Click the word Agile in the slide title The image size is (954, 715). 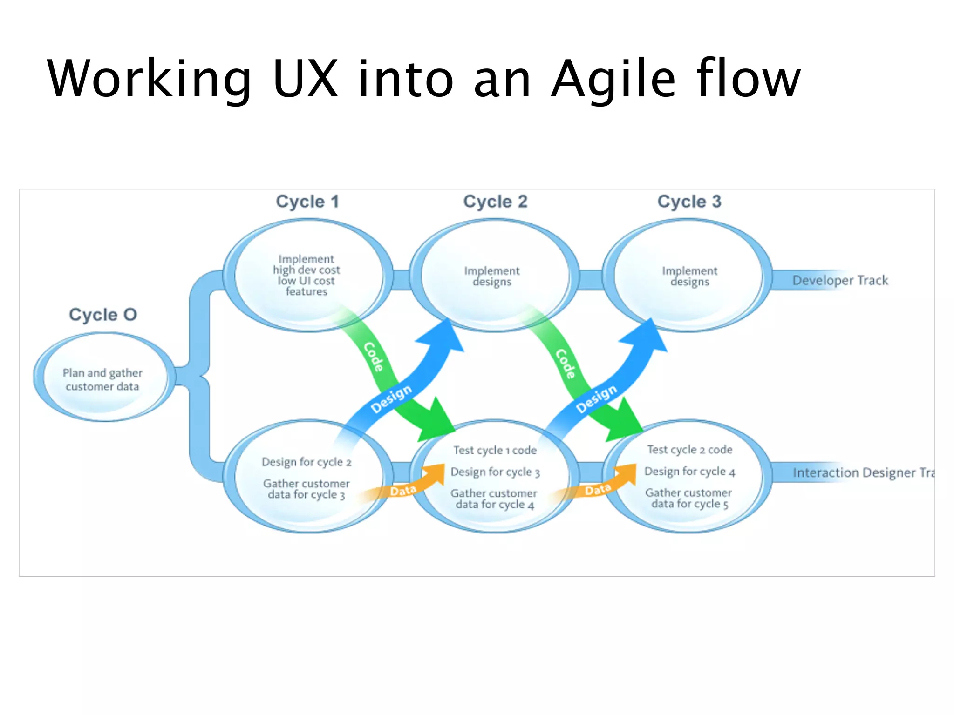click(x=613, y=79)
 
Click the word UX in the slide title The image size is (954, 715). click(x=305, y=79)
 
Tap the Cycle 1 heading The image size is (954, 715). click(x=307, y=202)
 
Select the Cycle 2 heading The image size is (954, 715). click(x=495, y=202)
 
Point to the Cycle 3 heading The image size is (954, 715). click(x=689, y=202)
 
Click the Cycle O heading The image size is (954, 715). click(x=103, y=315)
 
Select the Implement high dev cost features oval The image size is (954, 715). click(x=307, y=275)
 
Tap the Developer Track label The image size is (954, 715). click(x=840, y=280)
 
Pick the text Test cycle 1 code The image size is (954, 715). click(x=495, y=450)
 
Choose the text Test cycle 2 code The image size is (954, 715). click(x=689, y=450)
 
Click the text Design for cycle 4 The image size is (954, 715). click(x=689, y=472)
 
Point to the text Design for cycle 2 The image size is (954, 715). click(x=307, y=462)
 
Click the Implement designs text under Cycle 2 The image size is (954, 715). click(x=492, y=276)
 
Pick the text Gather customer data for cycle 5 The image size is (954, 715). click(x=688, y=498)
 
